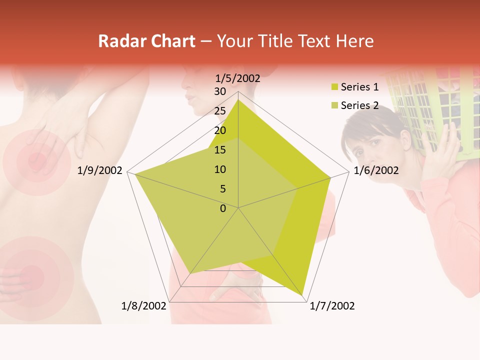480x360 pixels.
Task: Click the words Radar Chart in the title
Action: tap(146, 41)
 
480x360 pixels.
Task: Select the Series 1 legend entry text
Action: tap(359, 87)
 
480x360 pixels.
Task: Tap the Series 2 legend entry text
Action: tap(359, 105)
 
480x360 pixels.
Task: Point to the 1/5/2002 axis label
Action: tap(237, 78)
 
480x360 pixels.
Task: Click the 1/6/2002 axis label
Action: tap(376, 170)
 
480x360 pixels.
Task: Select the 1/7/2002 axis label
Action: tap(332, 305)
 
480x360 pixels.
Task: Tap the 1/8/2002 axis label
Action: tap(144, 305)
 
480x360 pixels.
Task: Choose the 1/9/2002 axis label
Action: tap(100, 170)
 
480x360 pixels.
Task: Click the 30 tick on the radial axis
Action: tap(219, 91)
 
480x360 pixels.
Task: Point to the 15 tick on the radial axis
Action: tap(219, 150)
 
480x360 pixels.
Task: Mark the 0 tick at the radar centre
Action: tap(223, 208)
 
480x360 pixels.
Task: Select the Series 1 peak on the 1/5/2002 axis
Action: tap(238, 100)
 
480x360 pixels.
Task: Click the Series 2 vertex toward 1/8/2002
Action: tap(190, 273)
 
